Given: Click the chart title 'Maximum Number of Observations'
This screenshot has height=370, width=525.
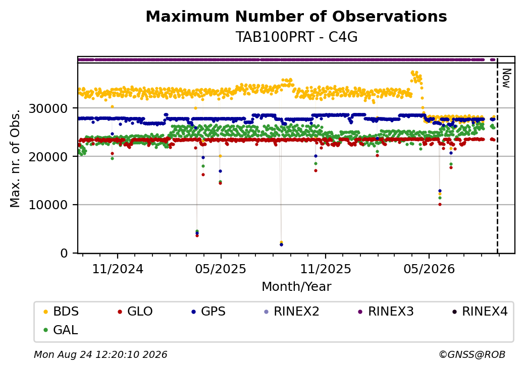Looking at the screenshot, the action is pyautogui.click(x=296, y=16).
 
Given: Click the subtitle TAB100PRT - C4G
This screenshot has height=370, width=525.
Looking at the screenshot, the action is pyautogui.click(x=296, y=37).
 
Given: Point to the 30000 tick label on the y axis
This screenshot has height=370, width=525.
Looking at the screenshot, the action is pyautogui.click(x=48, y=108).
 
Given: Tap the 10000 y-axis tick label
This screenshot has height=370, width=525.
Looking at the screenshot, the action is pyautogui.click(x=48, y=205).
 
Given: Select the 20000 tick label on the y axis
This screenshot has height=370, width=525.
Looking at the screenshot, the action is pyautogui.click(x=48, y=157).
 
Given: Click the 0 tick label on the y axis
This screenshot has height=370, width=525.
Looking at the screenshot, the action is pyautogui.click(x=64, y=254).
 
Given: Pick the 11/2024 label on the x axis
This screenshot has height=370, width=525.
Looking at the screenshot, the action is pyautogui.click(x=118, y=269).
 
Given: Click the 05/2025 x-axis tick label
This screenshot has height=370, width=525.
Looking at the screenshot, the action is pyautogui.click(x=221, y=269).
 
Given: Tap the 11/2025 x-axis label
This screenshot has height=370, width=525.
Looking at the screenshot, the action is pyautogui.click(x=326, y=269).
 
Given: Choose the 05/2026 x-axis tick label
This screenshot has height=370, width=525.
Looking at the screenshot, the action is pyautogui.click(x=429, y=269).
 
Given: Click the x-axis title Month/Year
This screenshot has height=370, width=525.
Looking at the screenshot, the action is pyautogui.click(x=296, y=286).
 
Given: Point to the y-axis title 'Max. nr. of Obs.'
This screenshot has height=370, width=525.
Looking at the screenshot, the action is pyautogui.click(x=15, y=158).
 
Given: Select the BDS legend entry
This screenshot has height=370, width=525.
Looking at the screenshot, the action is pyautogui.click(x=61, y=312).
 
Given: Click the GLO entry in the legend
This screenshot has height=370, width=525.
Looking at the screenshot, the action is pyautogui.click(x=135, y=312).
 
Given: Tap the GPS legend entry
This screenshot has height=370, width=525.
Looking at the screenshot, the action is pyautogui.click(x=208, y=312).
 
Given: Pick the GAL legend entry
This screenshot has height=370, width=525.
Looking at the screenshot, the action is pyautogui.click(x=61, y=330).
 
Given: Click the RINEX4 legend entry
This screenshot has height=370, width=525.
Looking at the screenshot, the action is pyautogui.click(x=480, y=312).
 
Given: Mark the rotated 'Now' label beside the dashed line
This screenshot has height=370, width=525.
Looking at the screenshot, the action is pyautogui.click(x=507, y=79).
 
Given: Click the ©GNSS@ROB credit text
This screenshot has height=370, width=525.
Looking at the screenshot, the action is pyautogui.click(x=472, y=354).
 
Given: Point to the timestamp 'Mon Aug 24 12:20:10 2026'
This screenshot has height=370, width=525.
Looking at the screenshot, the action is pyautogui.click(x=100, y=354).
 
